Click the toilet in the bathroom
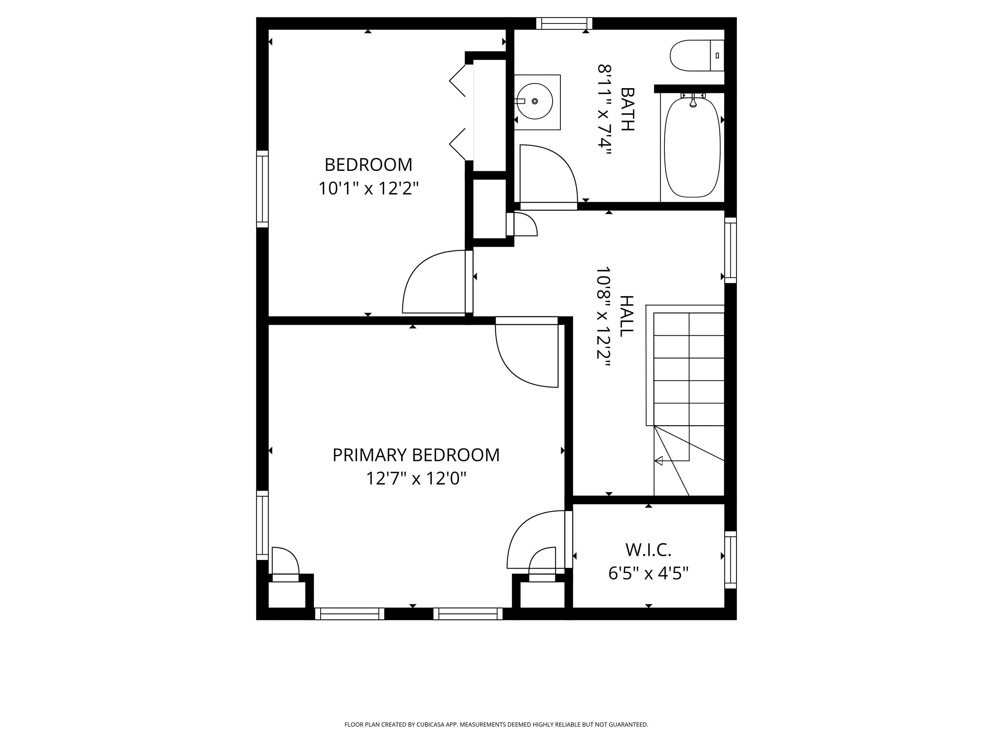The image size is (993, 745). coord(697,56)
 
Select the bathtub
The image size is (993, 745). coord(692,147)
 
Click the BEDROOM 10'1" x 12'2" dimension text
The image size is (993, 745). coord(369,188)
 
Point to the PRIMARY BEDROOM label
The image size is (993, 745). coord(416,455)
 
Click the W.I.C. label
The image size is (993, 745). coord(648,549)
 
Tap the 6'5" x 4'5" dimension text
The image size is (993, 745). coord(648,573)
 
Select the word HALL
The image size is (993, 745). coord(626,316)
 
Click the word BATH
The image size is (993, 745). coord(627,109)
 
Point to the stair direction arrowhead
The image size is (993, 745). coord(659,461)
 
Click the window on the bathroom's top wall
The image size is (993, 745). coord(564,23)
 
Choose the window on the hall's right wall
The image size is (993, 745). coord(731,250)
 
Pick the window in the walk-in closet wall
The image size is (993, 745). coord(731,560)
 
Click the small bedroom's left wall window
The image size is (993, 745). coord(262,189)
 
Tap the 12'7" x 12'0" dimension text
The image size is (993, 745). coord(416,479)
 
